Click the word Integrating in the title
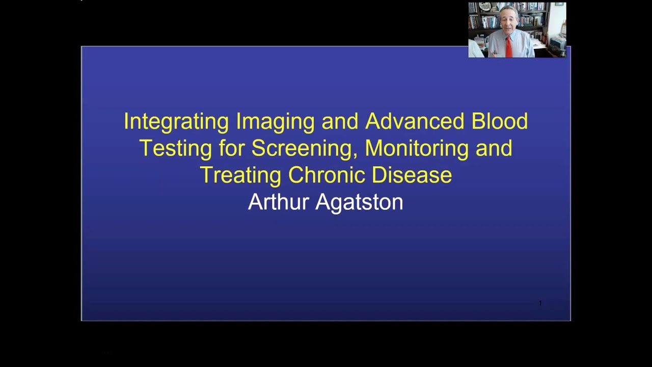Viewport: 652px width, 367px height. pyautogui.click(x=176, y=122)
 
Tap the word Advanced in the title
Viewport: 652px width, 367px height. pyautogui.click(x=415, y=121)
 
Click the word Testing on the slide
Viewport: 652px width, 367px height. pyautogui.click(x=175, y=148)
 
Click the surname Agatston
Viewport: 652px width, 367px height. pyautogui.click(x=360, y=202)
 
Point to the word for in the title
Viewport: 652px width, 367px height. pyautogui.click(x=232, y=148)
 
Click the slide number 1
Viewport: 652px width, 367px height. pyautogui.click(x=540, y=303)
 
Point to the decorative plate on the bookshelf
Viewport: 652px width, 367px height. pyautogui.click(x=485, y=7)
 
